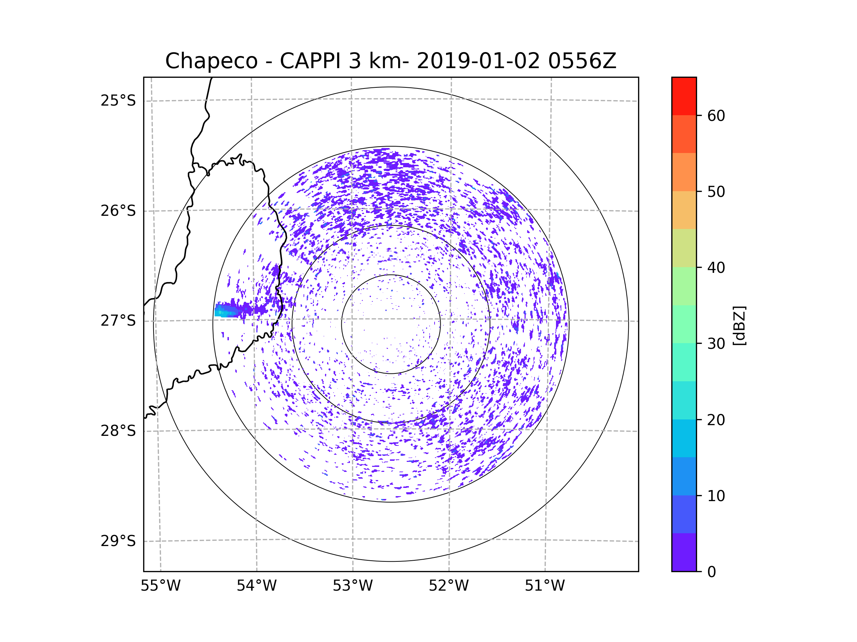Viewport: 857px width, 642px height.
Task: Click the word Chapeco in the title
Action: click(211, 61)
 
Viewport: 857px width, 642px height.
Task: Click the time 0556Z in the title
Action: click(582, 61)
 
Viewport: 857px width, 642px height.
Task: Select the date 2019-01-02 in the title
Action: click(478, 61)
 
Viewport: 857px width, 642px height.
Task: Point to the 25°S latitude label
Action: click(118, 101)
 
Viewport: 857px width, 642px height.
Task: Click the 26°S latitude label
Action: click(118, 211)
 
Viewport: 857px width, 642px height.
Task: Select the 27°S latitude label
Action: click(118, 321)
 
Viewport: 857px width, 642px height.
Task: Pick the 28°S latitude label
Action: click(118, 431)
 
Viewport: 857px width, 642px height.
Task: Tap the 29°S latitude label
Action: click(118, 541)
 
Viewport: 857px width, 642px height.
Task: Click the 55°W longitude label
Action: click(160, 586)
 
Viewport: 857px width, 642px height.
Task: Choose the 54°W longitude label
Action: click(256, 586)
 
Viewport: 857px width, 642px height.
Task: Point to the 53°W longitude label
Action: click(352, 586)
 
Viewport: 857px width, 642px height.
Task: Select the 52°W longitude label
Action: click(448, 586)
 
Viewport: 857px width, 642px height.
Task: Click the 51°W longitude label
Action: click(545, 586)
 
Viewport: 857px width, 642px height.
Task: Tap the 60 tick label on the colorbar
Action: click(716, 116)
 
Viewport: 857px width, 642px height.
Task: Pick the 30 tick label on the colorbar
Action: click(716, 343)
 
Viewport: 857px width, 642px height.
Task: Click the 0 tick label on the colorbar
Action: click(712, 572)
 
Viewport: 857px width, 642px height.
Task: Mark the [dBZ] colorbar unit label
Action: click(739, 325)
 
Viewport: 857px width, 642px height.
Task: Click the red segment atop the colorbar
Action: click(684, 96)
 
